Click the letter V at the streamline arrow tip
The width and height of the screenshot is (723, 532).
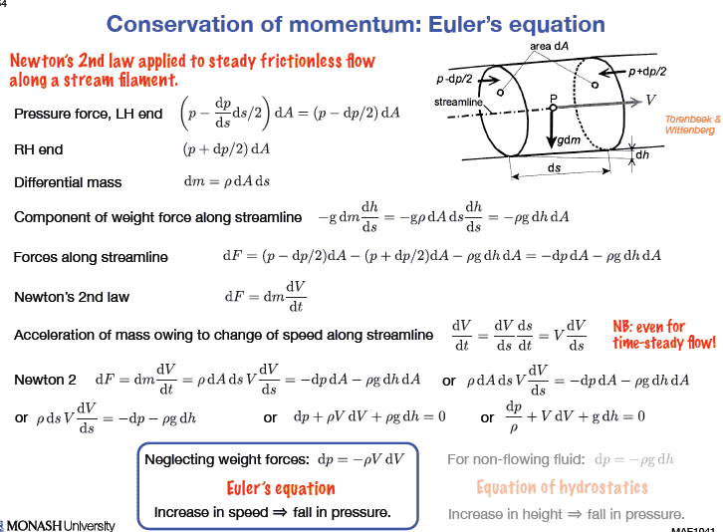pyautogui.click(x=650, y=100)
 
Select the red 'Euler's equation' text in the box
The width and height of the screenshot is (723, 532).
pyautogui.click(x=280, y=488)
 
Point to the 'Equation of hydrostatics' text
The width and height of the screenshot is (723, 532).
pyautogui.click(x=562, y=487)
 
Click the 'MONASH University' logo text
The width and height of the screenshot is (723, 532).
pyautogui.click(x=60, y=524)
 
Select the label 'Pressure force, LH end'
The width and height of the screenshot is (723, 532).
pyautogui.click(x=89, y=115)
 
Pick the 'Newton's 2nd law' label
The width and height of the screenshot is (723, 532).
pyautogui.click(x=72, y=296)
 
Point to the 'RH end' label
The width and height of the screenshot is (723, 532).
pyautogui.click(x=38, y=149)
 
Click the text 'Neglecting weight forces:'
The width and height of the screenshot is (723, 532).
pyautogui.click(x=227, y=460)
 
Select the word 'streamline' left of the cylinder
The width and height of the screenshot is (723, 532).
pyautogui.click(x=458, y=103)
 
